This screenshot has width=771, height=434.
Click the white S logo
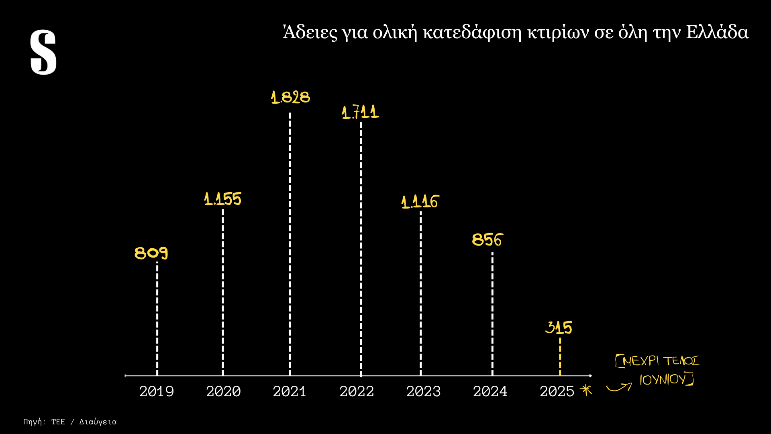[43, 52]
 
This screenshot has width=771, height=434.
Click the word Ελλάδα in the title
[717, 33]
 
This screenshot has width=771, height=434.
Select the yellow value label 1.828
[290, 98]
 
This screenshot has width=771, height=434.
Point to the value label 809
[151, 253]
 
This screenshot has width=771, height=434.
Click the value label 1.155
[223, 199]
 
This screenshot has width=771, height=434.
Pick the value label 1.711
[360, 112]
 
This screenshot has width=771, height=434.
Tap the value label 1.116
[420, 202]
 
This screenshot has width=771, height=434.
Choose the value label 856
[487, 240]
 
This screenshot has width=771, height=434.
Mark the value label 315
[559, 328]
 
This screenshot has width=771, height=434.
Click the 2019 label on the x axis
[157, 391]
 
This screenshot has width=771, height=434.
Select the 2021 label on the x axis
[290, 391]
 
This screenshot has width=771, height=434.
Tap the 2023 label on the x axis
[423, 391]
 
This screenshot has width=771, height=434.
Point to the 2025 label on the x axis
[557, 391]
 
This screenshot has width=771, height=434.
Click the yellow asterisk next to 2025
[586, 390]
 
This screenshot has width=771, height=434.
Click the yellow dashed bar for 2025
[560, 357]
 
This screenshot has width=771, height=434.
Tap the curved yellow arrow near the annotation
[619, 387]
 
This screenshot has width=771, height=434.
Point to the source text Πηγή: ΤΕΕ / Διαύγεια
[70, 422]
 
